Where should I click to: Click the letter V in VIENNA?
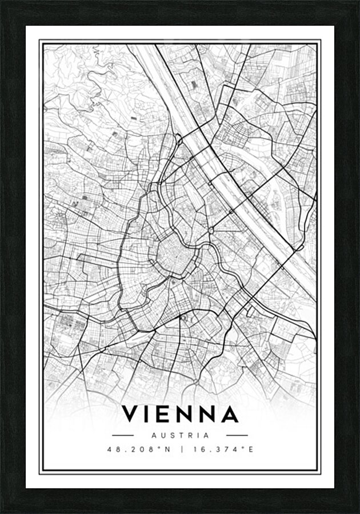131,414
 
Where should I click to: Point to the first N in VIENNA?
187,414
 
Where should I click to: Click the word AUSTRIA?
180,435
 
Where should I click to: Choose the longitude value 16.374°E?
222,449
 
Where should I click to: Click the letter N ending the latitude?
168,449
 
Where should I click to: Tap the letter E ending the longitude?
250,449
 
